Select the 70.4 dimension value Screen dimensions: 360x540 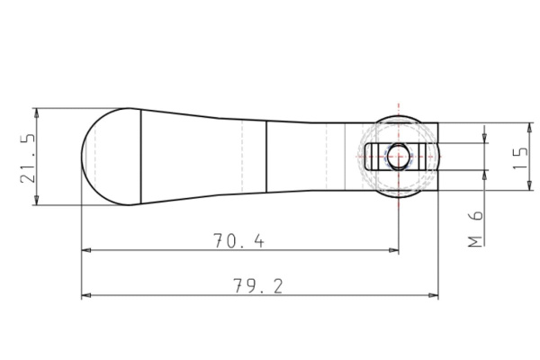[238, 240]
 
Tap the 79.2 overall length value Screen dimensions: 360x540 [258, 286]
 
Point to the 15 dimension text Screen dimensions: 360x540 [519, 157]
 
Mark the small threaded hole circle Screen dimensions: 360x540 [398, 157]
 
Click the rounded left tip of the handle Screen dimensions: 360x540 [84, 157]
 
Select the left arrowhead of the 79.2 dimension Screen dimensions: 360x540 [86, 295]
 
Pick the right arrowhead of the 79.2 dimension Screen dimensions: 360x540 [434, 295]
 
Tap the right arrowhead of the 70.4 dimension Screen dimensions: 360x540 [393, 250]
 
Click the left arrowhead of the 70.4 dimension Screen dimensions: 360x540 [86, 250]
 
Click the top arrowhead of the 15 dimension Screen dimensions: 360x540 [527, 128]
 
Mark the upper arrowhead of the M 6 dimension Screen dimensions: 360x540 [485, 139]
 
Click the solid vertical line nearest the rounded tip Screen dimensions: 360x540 [141, 157]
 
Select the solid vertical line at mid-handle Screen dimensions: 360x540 [266, 157]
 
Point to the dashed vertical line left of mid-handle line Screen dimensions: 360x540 [243, 157]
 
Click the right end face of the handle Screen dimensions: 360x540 [438, 157]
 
